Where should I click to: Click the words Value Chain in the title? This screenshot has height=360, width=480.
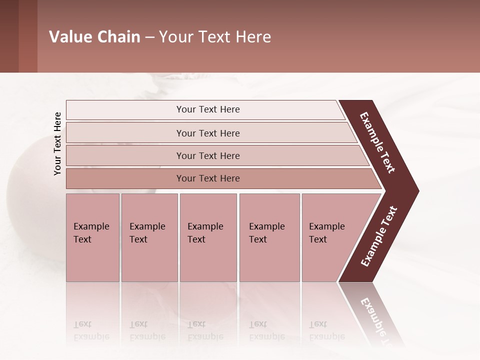pyautogui.click(x=94, y=37)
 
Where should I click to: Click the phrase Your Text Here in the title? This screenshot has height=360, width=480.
pyautogui.click(x=215, y=37)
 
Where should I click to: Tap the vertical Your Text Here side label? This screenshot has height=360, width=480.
pyautogui.click(x=58, y=143)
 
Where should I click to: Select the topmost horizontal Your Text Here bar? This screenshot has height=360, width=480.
pyautogui.click(x=207, y=109)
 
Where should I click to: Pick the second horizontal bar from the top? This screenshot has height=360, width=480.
pyautogui.click(x=207, y=133)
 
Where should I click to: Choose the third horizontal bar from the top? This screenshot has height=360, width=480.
pyautogui.click(x=207, y=155)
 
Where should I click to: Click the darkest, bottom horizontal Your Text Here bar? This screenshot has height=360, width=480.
pyautogui.click(x=207, y=178)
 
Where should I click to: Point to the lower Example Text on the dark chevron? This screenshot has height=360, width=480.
pyautogui.click(x=379, y=236)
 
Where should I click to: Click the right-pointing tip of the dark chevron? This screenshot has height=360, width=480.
pyautogui.click(x=416, y=190)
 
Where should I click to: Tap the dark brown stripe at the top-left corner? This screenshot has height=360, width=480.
pyautogui.click(x=9, y=36)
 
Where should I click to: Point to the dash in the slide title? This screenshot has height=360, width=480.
pyautogui.click(x=149, y=37)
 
